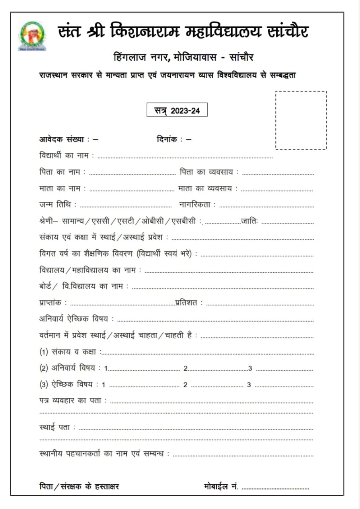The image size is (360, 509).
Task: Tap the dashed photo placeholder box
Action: pos(301,120)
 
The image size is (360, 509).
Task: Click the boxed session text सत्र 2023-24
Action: pos(177,111)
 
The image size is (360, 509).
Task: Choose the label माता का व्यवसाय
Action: pos(208,188)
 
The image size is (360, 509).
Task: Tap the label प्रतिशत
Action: pos(189,303)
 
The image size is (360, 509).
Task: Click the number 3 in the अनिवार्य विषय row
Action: pos(250,368)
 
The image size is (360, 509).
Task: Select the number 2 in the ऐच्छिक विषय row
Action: pos(185,385)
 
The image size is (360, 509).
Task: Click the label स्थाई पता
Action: pos(57,427)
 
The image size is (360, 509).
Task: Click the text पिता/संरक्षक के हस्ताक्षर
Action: pos(79,486)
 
